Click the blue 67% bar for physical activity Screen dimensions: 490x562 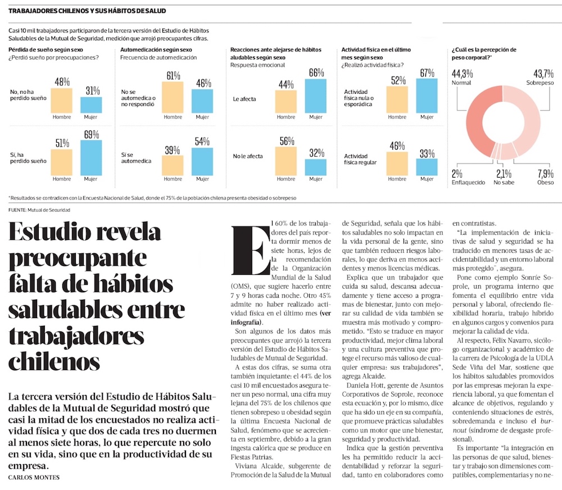tap(427, 96)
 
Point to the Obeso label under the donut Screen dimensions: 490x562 tap(545, 182)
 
